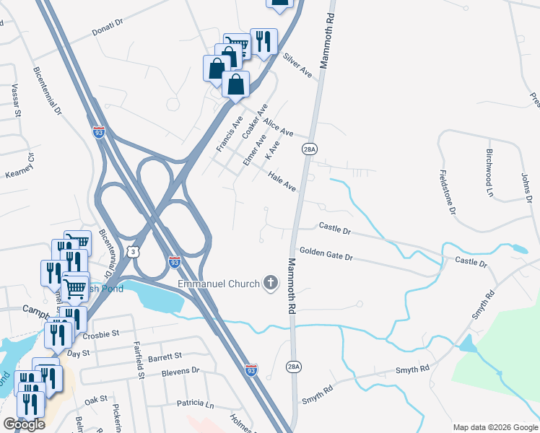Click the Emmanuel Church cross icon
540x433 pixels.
click(271, 283)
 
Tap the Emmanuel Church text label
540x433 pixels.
click(219, 284)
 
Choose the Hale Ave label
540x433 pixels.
click(282, 181)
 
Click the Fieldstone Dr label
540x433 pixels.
click(447, 192)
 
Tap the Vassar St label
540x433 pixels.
click(15, 100)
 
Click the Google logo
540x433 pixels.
click(24, 425)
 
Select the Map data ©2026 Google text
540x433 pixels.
click(495, 427)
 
